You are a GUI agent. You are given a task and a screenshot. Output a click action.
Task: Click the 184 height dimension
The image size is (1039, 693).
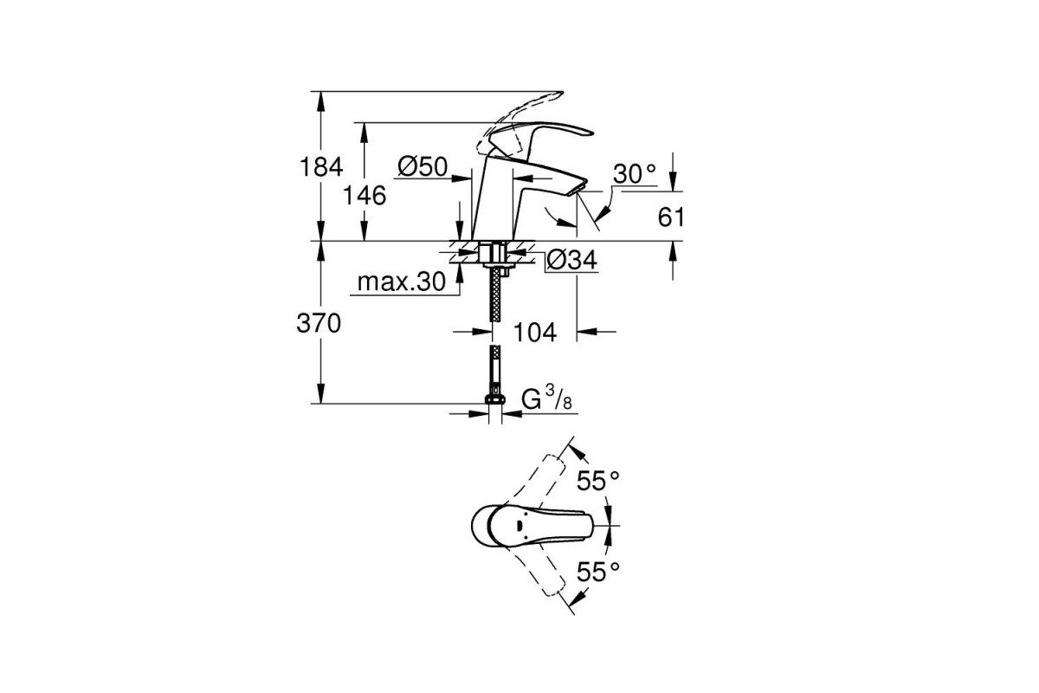coord(321,166)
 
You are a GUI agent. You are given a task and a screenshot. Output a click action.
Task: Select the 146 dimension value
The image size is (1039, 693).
coord(365,196)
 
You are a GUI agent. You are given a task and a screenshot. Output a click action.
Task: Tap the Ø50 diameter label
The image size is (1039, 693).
coord(423,166)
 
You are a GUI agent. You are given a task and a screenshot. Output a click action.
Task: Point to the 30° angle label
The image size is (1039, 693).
coord(635,174)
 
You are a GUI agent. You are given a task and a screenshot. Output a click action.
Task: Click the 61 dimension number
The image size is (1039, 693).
coord(671,217)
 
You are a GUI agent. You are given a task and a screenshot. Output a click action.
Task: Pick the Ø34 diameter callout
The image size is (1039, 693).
coord(571,260)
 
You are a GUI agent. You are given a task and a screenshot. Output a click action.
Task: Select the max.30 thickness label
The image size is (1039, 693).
coord(402,282)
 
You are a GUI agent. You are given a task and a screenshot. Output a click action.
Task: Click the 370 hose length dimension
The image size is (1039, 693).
coord(319,323)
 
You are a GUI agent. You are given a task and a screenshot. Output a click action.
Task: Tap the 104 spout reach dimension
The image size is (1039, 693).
coord(535,333)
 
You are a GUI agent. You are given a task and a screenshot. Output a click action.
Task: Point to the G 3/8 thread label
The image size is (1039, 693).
coord(546,398)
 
